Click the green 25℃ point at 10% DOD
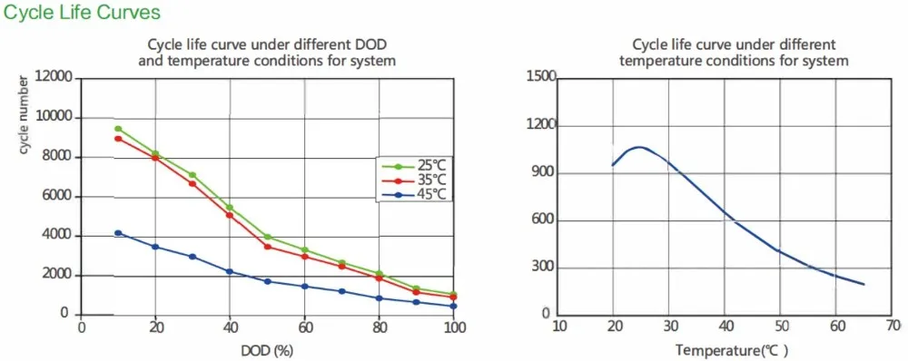[118, 129]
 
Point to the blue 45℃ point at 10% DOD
[118, 233]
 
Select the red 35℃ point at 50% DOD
[267, 247]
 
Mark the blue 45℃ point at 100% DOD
[453, 306]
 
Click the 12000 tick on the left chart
[53, 79]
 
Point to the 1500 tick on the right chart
[540, 79]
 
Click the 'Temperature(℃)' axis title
[731, 349]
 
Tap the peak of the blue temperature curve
[639, 146]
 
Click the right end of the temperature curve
[864, 284]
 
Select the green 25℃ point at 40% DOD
[230, 208]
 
